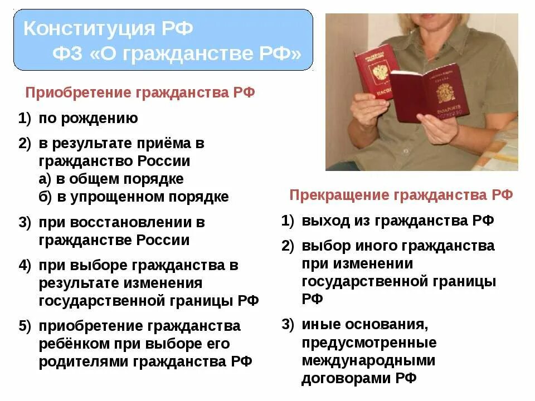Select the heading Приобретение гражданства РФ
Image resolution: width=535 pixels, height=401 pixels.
[x=140, y=92]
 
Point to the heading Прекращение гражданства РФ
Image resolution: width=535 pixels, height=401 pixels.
[x=401, y=195]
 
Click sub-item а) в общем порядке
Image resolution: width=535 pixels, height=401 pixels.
[x=111, y=179]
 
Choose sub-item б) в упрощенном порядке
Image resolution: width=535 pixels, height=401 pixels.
[x=133, y=197]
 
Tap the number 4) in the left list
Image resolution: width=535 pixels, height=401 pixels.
[x=25, y=266]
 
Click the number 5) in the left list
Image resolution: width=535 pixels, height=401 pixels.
[x=25, y=326]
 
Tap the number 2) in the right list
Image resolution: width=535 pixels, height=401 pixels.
[x=288, y=246]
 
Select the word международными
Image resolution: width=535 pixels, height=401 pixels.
[x=368, y=360]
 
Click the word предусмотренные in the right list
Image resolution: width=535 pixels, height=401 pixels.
[x=369, y=342]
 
